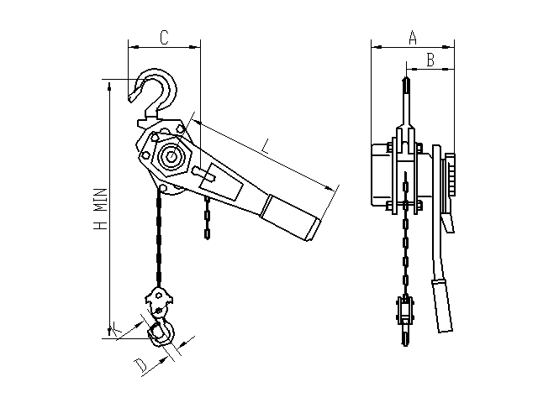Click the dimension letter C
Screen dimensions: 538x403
(165, 38)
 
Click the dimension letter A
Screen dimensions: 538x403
(413, 38)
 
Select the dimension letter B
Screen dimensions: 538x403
(430, 60)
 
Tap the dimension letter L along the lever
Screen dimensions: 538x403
(266, 146)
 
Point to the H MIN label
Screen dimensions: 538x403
(101, 209)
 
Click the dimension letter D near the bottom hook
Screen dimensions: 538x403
(140, 365)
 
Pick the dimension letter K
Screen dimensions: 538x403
(116, 327)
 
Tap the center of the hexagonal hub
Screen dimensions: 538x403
(171, 157)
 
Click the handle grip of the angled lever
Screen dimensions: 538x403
(290, 218)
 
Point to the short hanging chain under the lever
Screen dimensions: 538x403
(207, 217)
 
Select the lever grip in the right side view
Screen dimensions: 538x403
(441, 306)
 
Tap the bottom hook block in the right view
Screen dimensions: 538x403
(405, 311)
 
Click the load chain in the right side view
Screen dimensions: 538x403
(405, 233)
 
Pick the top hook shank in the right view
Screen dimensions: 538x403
(405, 102)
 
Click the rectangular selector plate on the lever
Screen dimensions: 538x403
(222, 182)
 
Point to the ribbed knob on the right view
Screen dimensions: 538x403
(451, 175)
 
